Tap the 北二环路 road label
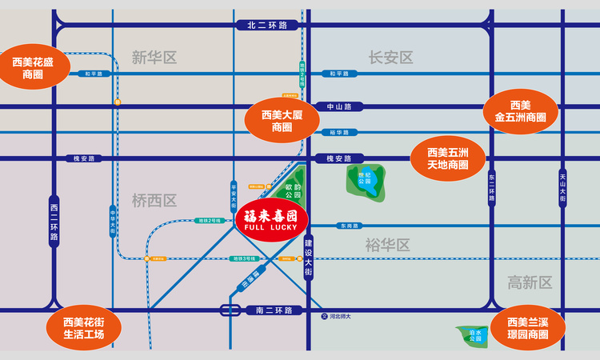(267, 26)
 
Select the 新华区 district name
(154, 58)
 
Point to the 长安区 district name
(390, 58)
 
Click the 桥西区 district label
(154, 201)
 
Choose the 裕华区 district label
(387, 244)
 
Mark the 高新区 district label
(530, 282)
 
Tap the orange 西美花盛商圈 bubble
(33, 67)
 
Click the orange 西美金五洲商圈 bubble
(520, 110)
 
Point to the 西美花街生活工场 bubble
(83, 328)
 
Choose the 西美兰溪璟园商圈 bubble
(526, 328)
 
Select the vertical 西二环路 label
(54, 222)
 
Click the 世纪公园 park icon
(365, 181)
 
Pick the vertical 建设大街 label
(309, 257)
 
